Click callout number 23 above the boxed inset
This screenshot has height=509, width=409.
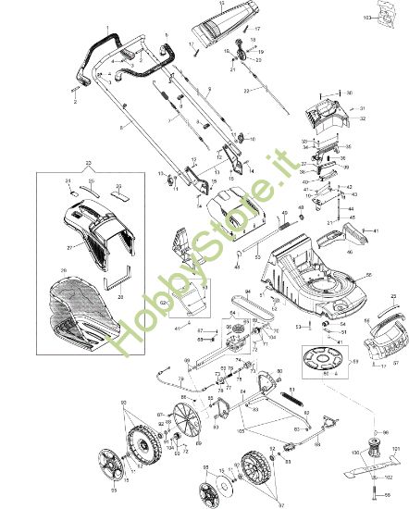89,164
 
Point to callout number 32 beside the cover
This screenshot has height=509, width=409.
363,119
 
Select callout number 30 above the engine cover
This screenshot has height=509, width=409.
349,93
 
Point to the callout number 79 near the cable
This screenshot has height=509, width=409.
180,380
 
